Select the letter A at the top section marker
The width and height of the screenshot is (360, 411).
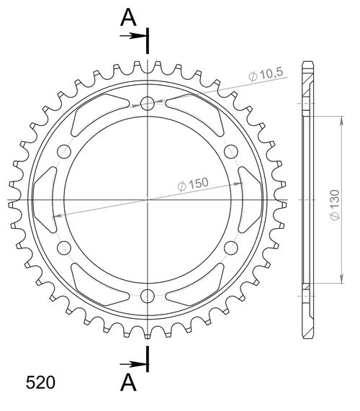point(127,18)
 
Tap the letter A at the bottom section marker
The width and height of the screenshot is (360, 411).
point(127,382)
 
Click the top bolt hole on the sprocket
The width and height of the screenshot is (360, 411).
point(148,104)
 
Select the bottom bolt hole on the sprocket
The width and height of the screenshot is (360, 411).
point(148,295)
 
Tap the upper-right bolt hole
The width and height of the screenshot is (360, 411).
point(231,151)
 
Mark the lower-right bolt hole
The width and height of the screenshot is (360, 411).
point(231,248)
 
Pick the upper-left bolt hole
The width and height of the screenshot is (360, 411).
point(64,151)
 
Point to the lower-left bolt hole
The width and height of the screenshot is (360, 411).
point(64,248)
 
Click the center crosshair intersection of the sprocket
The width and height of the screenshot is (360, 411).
point(148,199)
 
